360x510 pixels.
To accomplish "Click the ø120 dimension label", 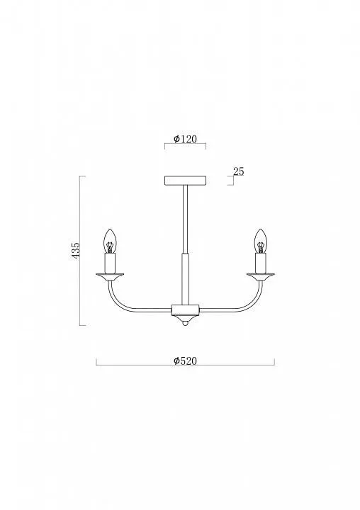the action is [x=185, y=140].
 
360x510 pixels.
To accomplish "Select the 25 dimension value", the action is [x=239, y=171].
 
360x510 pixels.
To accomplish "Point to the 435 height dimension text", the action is [x=75, y=250].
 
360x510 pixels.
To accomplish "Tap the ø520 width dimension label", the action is [x=185, y=361].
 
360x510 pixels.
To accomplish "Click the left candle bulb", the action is [x=110, y=241].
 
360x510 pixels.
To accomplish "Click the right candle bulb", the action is [x=260, y=241].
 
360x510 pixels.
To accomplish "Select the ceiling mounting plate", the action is [x=185, y=181].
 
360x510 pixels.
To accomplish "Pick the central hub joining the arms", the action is [x=185, y=310].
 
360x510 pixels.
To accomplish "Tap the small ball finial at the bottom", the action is [x=185, y=323].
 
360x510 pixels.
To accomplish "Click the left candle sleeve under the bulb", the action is [x=110, y=263].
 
